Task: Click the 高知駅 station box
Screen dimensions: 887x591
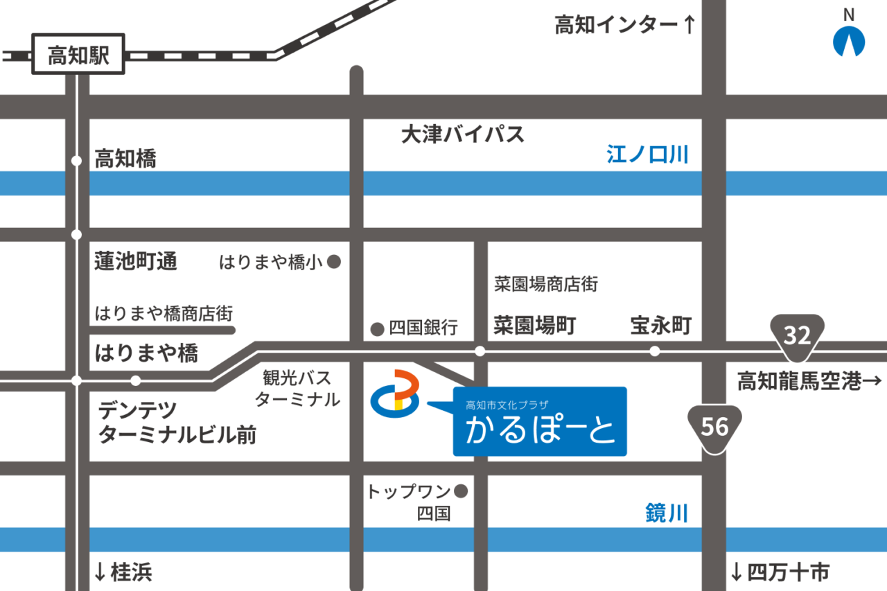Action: point(78,54)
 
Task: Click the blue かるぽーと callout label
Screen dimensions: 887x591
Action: point(540,421)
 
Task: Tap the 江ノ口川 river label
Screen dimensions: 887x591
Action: point(648,154)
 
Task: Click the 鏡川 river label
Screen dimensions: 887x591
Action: point(666,513)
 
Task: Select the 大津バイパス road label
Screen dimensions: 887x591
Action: point(463,134)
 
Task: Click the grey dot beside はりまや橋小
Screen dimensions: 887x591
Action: point(333,262)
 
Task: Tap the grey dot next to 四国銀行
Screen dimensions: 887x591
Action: point(377,329)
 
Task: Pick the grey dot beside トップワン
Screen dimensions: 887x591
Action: point(461,491)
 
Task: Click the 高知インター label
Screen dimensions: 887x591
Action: point(624,26)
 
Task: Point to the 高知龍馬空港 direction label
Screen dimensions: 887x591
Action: point(809,381)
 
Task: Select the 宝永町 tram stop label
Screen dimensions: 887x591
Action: point(660,326)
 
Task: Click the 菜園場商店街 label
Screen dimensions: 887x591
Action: point(545,283)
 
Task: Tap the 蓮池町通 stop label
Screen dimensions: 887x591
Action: point(136,261)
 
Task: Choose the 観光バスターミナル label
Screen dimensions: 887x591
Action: point(297,389)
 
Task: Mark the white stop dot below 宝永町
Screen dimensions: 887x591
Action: point(654,351)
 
